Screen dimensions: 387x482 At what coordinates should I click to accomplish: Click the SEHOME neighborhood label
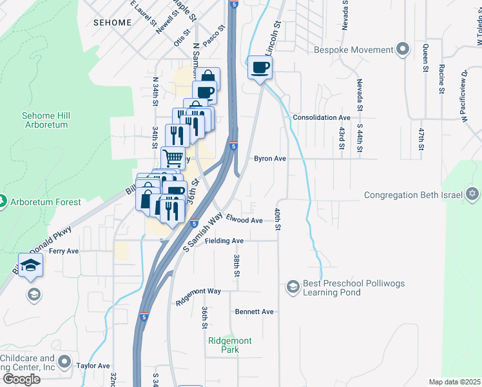coord(112,22)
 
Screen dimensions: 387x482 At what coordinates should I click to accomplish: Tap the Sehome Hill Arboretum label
coord(46,120)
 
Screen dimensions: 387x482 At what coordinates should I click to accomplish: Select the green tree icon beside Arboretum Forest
coord(2,202)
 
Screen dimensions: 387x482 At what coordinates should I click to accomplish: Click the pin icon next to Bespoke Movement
coord(403,50)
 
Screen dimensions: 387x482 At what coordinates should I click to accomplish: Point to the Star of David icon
coord(472,194)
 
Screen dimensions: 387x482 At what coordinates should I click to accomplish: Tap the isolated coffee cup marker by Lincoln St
coord(260,68)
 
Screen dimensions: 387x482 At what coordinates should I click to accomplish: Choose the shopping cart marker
coord(173,157)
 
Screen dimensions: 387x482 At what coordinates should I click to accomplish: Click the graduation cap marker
coord(30,266)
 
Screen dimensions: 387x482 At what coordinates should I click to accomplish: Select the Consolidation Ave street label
coord(321,118)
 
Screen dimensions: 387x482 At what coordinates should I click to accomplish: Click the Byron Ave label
coord(269,158)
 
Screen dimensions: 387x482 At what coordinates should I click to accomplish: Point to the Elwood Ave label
coord(244,221)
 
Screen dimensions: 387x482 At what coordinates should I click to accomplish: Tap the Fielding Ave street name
coord(224,241)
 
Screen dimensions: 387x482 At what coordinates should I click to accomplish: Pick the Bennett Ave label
coord(254,312)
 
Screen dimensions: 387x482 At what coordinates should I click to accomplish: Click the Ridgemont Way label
coord(198,292)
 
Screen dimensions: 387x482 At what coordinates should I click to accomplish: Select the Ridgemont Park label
coord(229,345)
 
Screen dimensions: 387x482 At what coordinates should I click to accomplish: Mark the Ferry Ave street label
coord(64,251)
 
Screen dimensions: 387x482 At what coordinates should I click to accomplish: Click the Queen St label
coord(425,57)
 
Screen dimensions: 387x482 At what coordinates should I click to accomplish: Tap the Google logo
coord(22,379)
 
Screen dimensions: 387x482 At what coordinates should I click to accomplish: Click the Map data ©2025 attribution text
coord(454,382)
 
